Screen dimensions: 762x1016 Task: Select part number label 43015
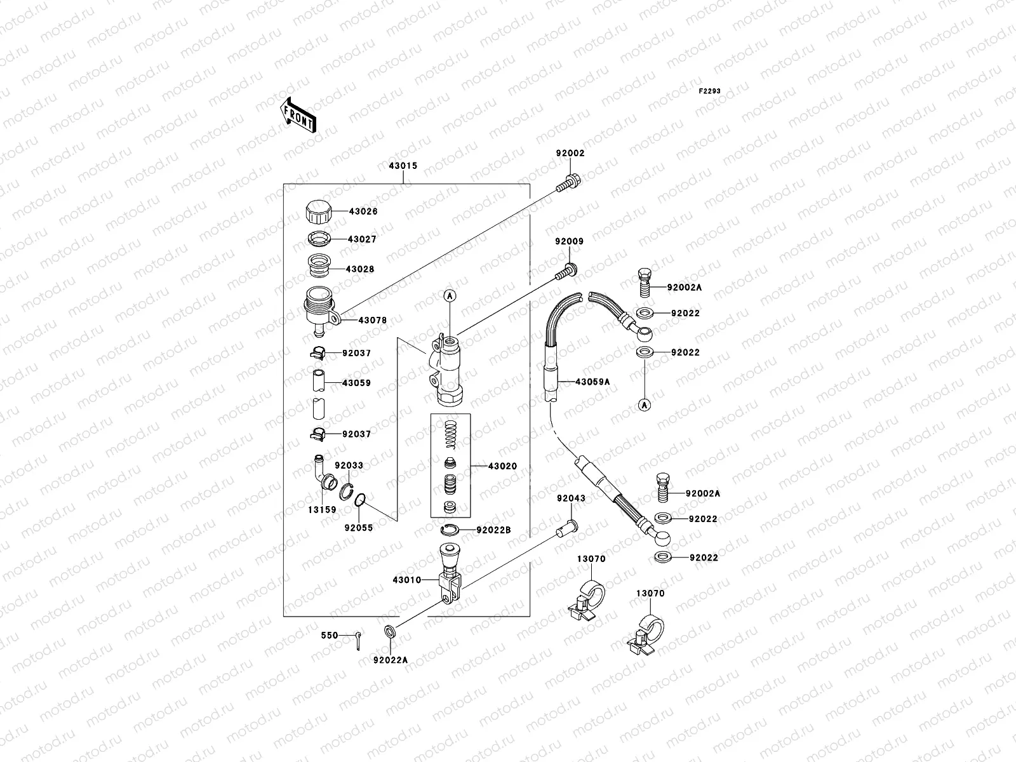click(x=403, y=166)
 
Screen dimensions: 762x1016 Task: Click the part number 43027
click(x=361, y=239)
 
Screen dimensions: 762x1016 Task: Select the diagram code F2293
click(x=710, y=91)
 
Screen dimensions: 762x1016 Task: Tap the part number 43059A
click(x=592, y=382)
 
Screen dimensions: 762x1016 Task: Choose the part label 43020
click(x=502, y=466)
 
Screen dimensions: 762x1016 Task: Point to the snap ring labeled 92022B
click(x=449, y=530)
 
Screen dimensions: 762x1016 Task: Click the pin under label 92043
click(x=566, y=526)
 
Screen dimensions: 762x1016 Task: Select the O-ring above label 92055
click(x=358, y=500)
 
